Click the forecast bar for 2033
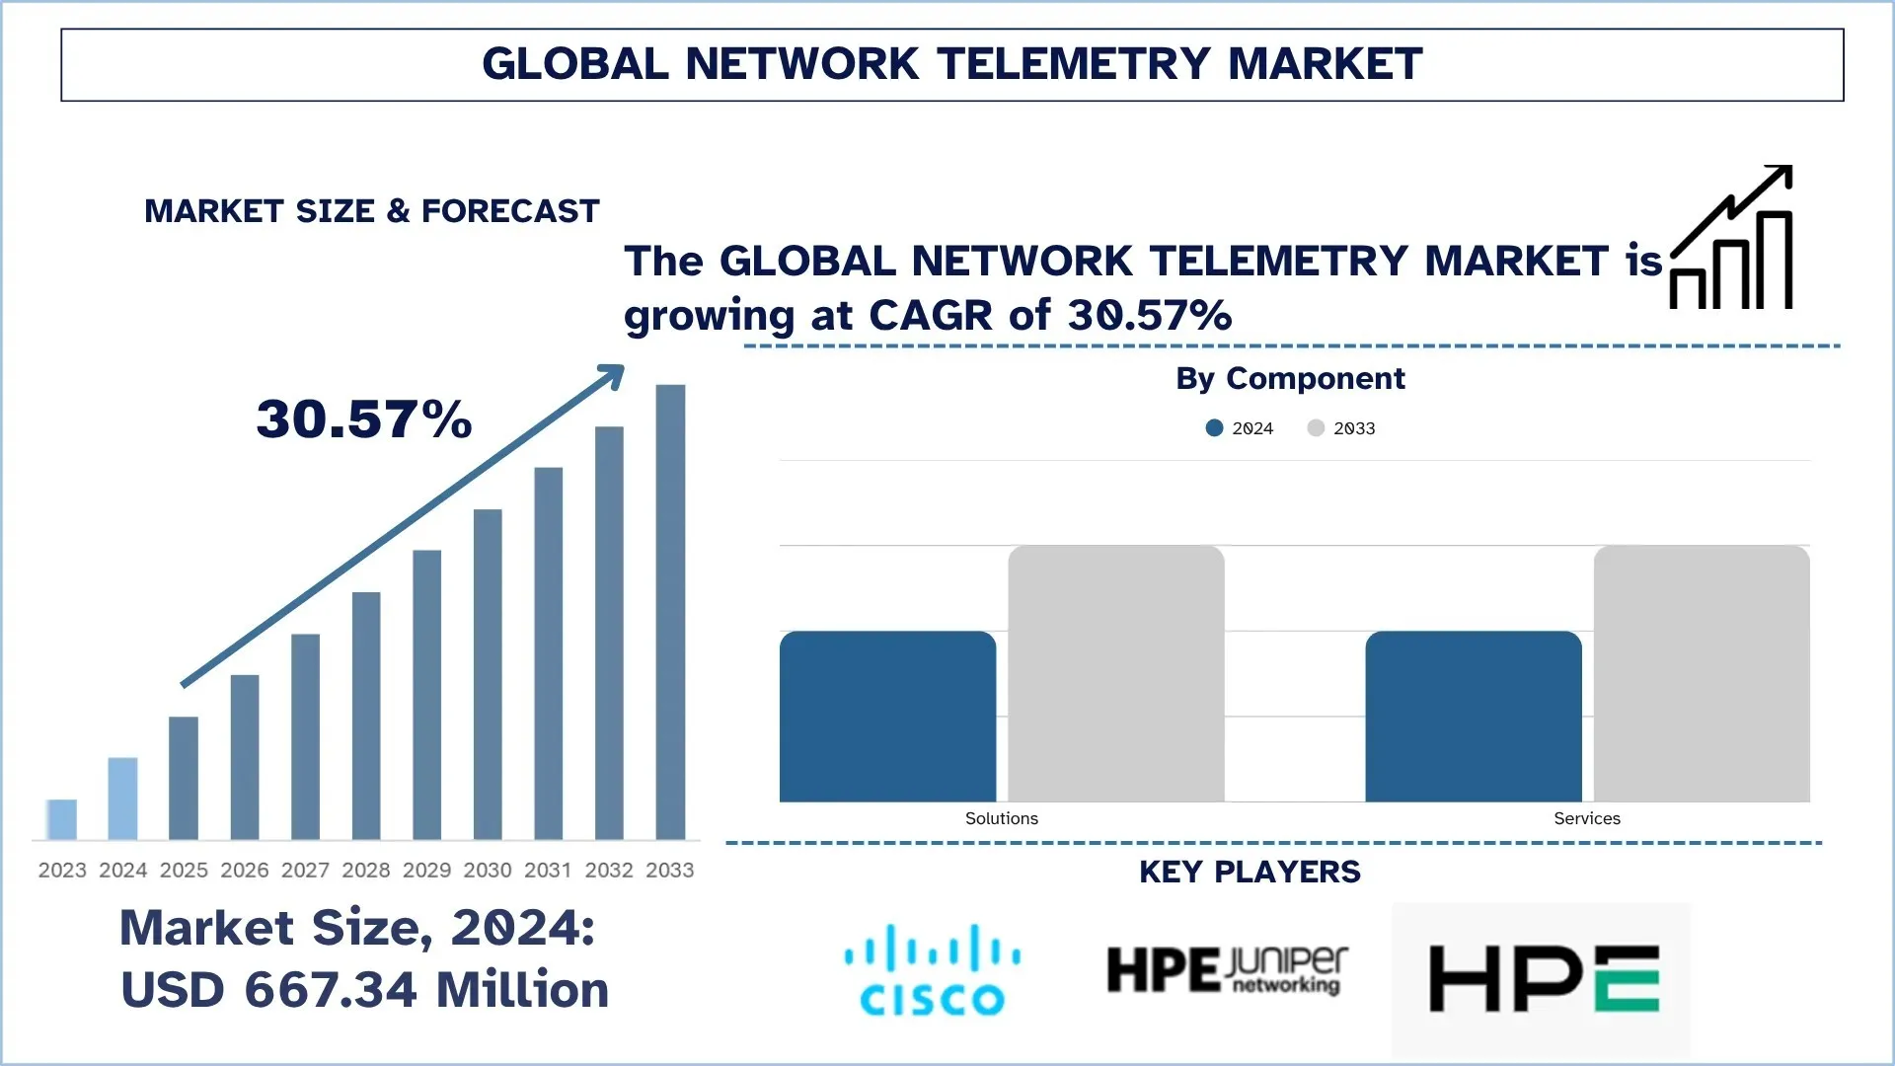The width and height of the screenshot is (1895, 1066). click(670, 612)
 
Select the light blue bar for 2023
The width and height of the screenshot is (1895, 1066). click(62, 819)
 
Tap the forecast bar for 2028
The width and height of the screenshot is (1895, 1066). click(366, 716)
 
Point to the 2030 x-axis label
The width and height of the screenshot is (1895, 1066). click(488, 870)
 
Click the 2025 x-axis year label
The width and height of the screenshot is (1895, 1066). click(184, 870)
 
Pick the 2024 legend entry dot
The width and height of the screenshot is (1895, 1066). click(1215, 428)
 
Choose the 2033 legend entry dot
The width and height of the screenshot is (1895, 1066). click(1316, 428)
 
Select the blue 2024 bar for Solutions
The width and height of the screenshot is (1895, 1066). click(887, 717)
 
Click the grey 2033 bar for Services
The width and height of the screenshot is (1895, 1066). click(1702, 673)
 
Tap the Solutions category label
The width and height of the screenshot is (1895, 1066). click(1001, 818)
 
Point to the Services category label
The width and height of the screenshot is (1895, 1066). click(1586, 818)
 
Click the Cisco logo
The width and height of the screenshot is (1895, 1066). click(932, 969)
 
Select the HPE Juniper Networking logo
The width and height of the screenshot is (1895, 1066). click(1227, 970)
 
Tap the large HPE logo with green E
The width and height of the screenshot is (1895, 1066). click(1544, 978)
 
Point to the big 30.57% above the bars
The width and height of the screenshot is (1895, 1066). click(364, 419)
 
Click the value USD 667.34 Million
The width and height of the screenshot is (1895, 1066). click(364, 990)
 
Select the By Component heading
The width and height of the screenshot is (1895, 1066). click(1290, 379)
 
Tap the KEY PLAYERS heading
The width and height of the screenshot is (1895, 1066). click(1250, 873)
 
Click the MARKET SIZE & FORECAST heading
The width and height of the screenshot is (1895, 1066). click(372, 211)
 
